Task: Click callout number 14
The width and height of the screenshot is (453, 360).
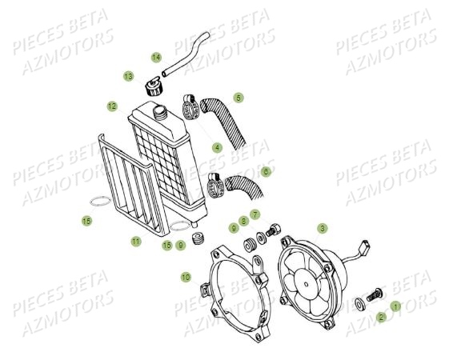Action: click(156, 57)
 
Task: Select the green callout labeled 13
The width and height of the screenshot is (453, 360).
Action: click(128, 76)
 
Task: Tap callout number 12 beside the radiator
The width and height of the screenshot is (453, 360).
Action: click(112, 106)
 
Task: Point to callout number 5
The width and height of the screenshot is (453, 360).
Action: click(239, 98)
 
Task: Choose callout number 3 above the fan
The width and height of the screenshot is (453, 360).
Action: click(323, 228)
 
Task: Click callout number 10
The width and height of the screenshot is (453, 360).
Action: click(186, 277)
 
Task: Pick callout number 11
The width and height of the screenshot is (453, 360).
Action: click(136, 241)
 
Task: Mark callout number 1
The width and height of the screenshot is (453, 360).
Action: click(395, 306)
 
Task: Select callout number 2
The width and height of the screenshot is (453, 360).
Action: click(381, 318)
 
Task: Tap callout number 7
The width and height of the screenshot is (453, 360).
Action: click(255, 214)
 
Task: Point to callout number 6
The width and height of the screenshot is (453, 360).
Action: click(266, 171)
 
